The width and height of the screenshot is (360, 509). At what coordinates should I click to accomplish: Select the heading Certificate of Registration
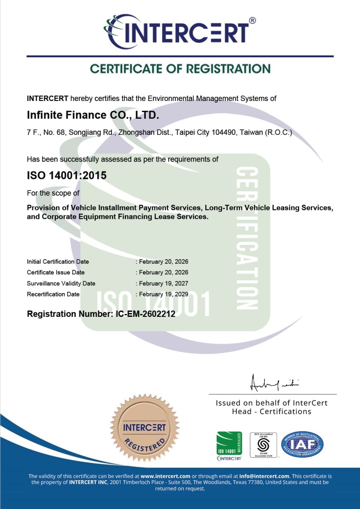180,69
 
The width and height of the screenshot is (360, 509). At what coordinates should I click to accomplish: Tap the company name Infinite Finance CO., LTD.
93,115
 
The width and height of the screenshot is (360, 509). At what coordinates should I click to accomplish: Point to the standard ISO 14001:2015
67,175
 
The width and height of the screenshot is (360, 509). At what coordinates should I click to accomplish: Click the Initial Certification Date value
163,262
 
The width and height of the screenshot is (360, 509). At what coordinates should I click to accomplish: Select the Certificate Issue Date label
56,272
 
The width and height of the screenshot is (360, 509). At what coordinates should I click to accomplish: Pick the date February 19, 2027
163,283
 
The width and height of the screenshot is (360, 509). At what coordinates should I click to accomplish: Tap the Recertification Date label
53,294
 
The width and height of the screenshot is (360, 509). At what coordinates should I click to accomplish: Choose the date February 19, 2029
163,294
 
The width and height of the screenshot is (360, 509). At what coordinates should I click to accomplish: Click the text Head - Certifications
271,411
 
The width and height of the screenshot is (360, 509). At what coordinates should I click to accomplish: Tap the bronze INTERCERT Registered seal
144,429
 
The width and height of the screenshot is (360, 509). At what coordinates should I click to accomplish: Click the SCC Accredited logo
263,445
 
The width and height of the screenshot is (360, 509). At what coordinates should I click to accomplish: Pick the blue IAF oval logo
303,445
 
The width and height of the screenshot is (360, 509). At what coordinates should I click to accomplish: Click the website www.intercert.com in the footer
165,476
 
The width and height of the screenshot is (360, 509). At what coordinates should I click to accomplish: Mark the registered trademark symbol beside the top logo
252,20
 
